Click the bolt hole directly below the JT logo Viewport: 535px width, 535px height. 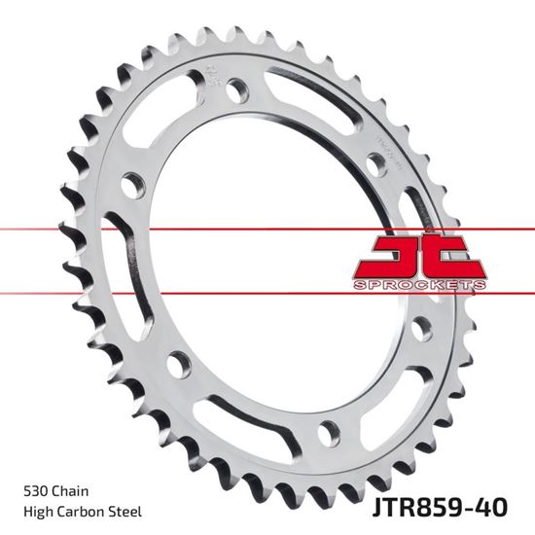pos(421,328)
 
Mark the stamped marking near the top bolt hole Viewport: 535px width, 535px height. pos(211,78)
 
